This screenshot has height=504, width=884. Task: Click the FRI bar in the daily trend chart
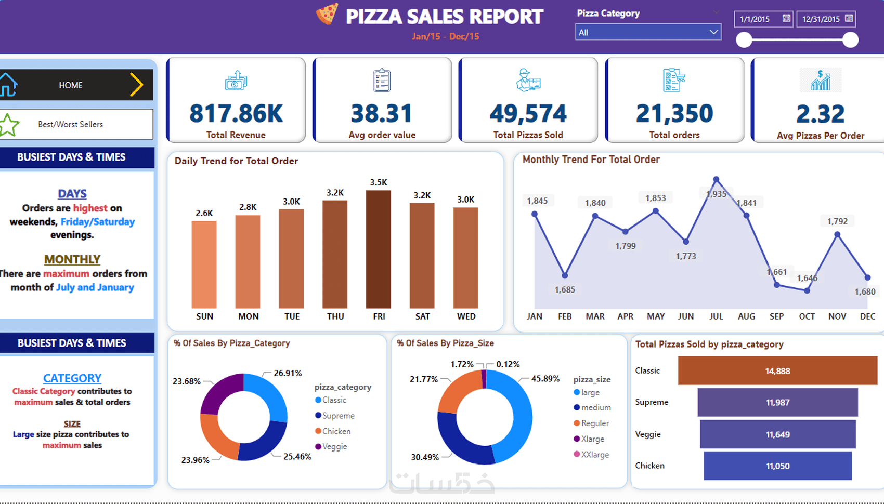click(378, 249)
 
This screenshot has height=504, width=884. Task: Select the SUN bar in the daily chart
click(204, 264)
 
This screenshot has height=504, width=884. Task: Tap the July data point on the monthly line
click(716, 180)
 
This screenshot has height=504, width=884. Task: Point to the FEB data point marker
click(565, 275)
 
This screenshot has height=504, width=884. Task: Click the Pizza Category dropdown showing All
click(647, 32)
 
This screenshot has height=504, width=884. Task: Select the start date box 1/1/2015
click(763, 19)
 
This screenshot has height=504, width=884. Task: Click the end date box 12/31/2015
click(826, 19)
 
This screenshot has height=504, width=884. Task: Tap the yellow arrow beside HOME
click(136, 85)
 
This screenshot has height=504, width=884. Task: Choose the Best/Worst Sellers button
click(71, 124)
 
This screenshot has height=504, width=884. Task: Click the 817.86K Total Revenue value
click(236, 114)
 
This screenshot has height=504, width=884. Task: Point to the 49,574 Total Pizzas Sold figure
click(528, 114)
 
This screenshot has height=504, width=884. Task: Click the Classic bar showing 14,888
click(777, 371)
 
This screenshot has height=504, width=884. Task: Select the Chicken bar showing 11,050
click(777, 466)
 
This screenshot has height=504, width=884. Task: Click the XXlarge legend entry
click(594, 455)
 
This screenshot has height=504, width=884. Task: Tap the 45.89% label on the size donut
click(545, 379)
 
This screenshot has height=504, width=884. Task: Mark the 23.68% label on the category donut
click(186, 381)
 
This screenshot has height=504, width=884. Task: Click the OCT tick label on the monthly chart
click(807, 316)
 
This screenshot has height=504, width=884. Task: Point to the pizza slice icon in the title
click(327, 14)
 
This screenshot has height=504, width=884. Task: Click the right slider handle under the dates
click(850, 40)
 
